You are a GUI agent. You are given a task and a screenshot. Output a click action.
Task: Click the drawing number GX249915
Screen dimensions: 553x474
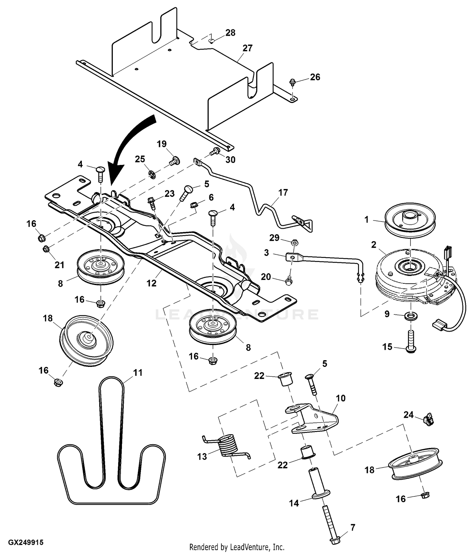coord(26,542)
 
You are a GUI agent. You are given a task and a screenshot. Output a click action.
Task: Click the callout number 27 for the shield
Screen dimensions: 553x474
coord(247,48)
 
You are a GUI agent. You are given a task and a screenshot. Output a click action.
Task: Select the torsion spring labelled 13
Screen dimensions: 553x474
coord(228,446)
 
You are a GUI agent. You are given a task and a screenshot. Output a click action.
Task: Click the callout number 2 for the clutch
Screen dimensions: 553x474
coord(374,245)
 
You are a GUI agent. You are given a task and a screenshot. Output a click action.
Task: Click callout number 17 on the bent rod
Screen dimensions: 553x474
coord(283,192)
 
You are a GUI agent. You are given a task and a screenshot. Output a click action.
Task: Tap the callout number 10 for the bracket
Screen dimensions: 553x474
coord(341,398)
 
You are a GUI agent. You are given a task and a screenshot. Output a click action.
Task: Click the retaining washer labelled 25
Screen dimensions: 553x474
coord(152,173)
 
